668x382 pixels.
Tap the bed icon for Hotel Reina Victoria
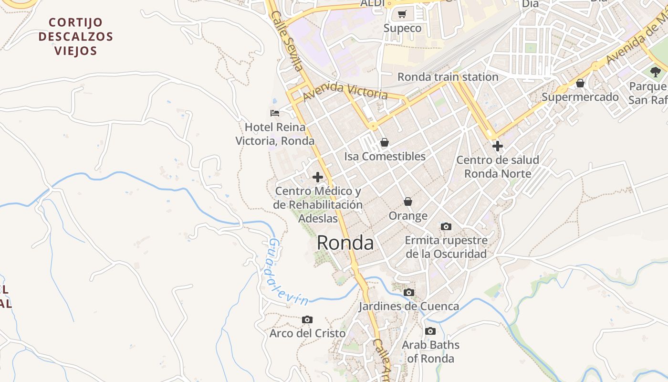[275, 113]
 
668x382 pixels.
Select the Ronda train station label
[448, 77]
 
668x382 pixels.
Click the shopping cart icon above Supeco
[402, 14]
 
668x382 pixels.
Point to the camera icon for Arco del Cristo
[307, 319]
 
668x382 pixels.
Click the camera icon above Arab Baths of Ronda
[430, 331]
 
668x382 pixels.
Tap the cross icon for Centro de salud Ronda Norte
[497, 146]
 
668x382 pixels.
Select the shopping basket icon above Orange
[407, 202]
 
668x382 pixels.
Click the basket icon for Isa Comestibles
[384, 142]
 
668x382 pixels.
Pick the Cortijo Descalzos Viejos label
[76, 37]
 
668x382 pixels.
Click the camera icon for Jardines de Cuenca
[408, 292]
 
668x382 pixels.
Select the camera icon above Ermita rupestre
[446, 226]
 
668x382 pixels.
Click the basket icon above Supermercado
[580, 84]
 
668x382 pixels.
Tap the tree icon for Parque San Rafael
[655, 72]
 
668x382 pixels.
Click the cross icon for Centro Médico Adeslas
[317, 177]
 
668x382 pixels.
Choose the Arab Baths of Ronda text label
[430, 351]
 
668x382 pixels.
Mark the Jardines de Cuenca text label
[408, 307]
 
